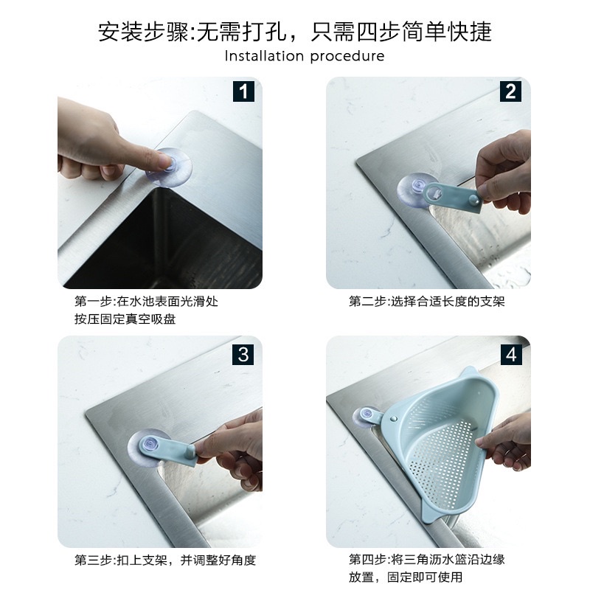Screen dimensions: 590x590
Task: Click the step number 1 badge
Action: pyautogui.click(x=244, y=91)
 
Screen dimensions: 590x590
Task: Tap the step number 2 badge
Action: pyautogui.click(x=510, y=91)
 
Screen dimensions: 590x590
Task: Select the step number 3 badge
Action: pyautogui.click(x=243, y=355)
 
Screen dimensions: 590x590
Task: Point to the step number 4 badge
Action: pyautogui.click(x=511, y=355)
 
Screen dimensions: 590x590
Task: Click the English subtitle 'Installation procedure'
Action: pyautogui.click(x=305, y=56)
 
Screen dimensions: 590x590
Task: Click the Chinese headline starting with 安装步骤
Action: pyautogui.click(x=295, y=31)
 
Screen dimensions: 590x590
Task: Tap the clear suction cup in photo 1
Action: pyautogui.click(x=170, y=167)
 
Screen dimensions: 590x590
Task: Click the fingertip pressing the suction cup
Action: pyautogui.click(x=164, y=161)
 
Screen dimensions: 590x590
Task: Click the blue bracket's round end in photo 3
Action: pyautogui.click(x=150, y=446)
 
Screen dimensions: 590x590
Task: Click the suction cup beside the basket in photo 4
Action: pyautogui.click(x=364, y=417)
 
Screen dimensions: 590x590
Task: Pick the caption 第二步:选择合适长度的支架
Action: pyautogui.click(x=426, y=302)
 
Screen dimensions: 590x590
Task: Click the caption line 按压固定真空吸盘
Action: pyautogui.click(x=125, y=319)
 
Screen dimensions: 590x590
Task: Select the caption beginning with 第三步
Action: pyautogui.click(x=165, y=560)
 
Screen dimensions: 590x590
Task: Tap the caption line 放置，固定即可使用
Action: pyautogui.click(x=406, y=577)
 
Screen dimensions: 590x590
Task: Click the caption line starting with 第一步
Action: pyautogui.click(x=146, y=302)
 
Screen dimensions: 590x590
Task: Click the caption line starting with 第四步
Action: pyautogui.click(x=426, y=560)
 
